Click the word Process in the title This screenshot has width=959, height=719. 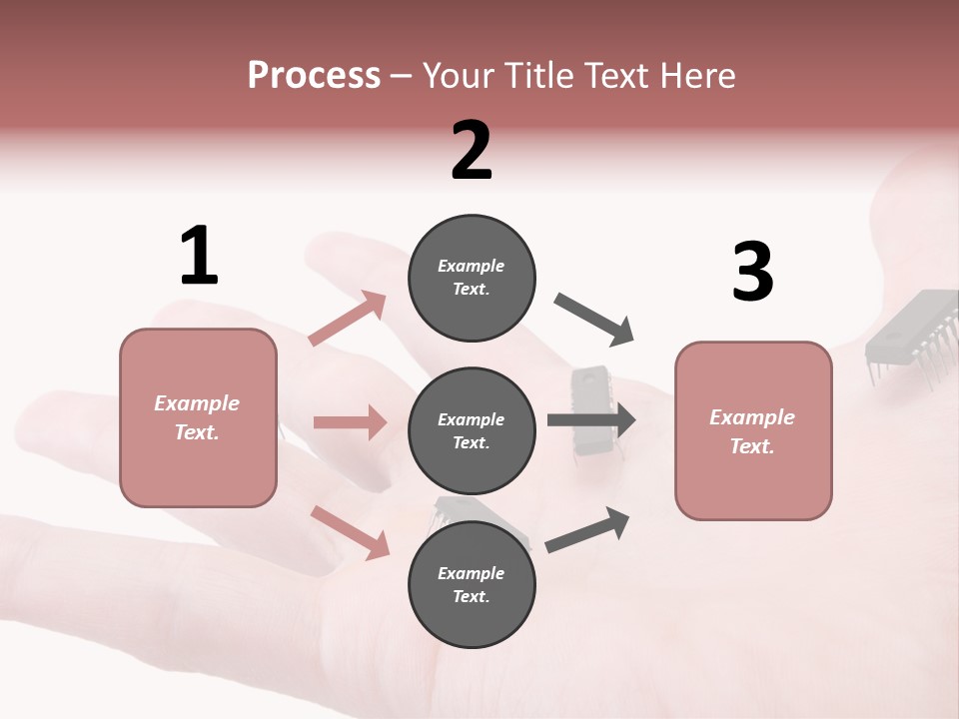314,75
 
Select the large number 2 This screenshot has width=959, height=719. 472,151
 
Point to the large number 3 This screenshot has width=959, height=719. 752,272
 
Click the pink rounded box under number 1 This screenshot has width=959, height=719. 198,417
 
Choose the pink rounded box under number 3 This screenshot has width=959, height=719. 753,430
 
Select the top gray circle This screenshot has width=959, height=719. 472,278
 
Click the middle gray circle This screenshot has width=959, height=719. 472,430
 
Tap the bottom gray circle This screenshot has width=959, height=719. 472,584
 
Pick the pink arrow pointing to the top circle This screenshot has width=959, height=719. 348,319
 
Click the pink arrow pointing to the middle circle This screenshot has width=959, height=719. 350,422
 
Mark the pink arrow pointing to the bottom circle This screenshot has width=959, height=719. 350,531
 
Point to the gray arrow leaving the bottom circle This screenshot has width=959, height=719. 588,529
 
